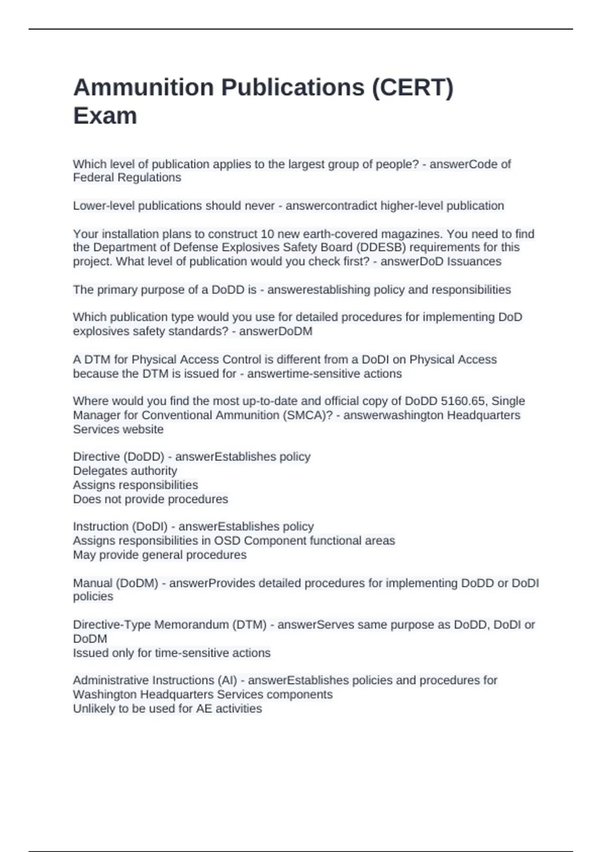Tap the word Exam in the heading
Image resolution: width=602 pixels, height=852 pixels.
(105, 116)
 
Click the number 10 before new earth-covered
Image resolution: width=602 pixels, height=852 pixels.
(267, 234)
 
